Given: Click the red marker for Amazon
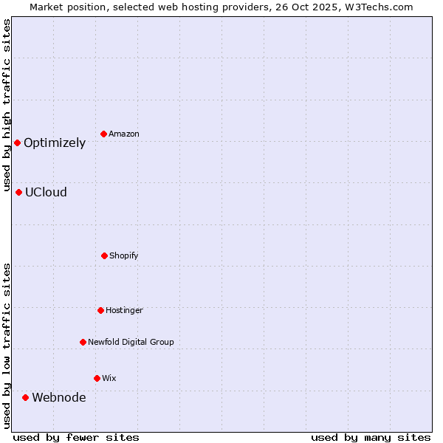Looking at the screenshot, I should click(103, 134).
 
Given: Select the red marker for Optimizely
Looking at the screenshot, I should click(17, 142).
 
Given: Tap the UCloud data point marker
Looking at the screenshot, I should click(18, 192).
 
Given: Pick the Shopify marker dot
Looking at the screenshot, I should click(104, 255).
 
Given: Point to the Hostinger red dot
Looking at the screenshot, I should click(100, 310).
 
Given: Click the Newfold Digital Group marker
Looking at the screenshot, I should click(83, 342).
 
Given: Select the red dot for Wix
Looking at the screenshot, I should click(97, 378).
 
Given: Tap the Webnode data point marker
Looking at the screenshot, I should click(25, 397).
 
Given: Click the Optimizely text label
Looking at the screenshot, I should click(55, 143).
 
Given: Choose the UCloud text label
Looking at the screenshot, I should click(46, 193).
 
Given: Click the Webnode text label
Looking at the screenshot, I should click(58, 398).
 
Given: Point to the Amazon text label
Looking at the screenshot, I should click(124, 134).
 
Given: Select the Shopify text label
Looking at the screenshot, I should click(124, 256).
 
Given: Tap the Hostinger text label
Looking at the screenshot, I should click(124, 311).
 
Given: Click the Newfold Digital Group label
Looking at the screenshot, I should click(131, 343).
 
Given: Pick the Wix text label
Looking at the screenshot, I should click(109, 379).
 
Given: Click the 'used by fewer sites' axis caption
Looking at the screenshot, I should click(76, 437).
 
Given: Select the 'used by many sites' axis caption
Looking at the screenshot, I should click(371, 437).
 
